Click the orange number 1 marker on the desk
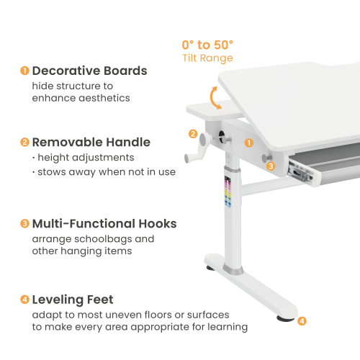pos(248,143)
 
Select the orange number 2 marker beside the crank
pos(193,133)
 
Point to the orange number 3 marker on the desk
pos(271,166)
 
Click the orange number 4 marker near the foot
pos(302,321)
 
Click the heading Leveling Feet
pos(72,300)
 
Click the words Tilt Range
pos(207,58)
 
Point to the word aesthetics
pos(105,98)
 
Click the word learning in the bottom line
pos(227,327)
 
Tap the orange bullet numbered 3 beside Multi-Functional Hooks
pos(24,224)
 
